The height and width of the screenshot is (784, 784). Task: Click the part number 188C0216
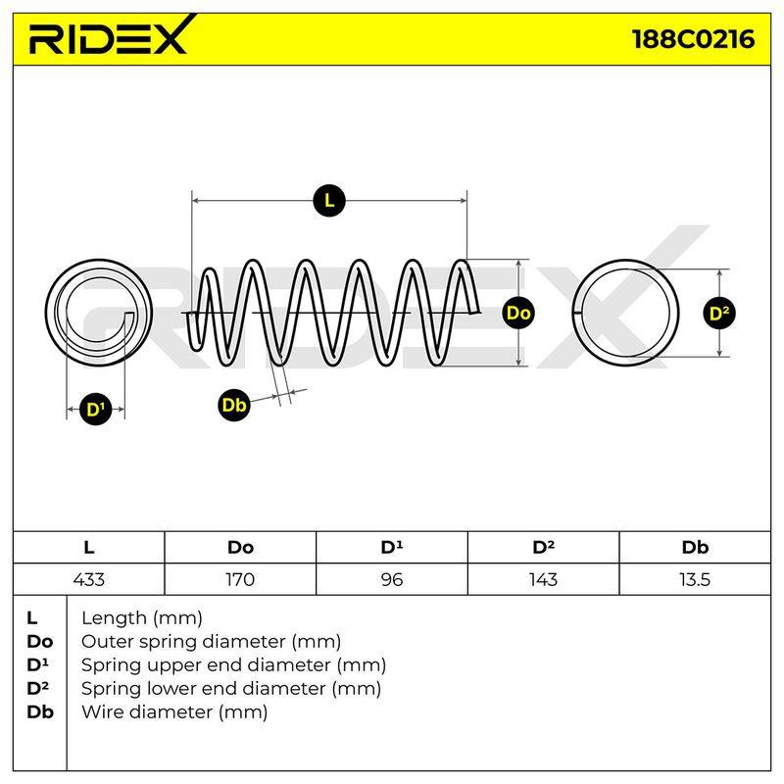[x=694, y=39]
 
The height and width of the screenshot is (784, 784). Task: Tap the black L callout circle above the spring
[x=329, y=201]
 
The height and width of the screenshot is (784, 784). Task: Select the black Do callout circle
[x=518, y=313]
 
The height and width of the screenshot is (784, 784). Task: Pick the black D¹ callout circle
[x=96, y=410]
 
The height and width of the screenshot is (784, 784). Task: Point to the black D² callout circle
[x=719, y=314]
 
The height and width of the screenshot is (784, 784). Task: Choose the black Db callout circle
[x=234, y=405]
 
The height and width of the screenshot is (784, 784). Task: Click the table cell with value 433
[x=89, y=579]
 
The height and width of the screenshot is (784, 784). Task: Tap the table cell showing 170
[x=240, y=579]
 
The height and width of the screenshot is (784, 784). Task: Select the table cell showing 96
[x=392, y=579]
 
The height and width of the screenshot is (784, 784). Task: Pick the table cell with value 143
[x=544, y=579]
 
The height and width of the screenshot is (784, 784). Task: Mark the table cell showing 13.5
[x=695, y=579]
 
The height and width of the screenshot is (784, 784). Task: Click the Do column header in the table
[x=240, y=548]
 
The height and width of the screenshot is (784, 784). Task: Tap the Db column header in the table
[x=695, y=548]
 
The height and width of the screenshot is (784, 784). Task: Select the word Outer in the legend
[x=108, y=642]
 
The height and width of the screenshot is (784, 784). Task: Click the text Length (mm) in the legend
[x=142, y=619]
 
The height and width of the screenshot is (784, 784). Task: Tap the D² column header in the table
[x=544, y=548]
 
